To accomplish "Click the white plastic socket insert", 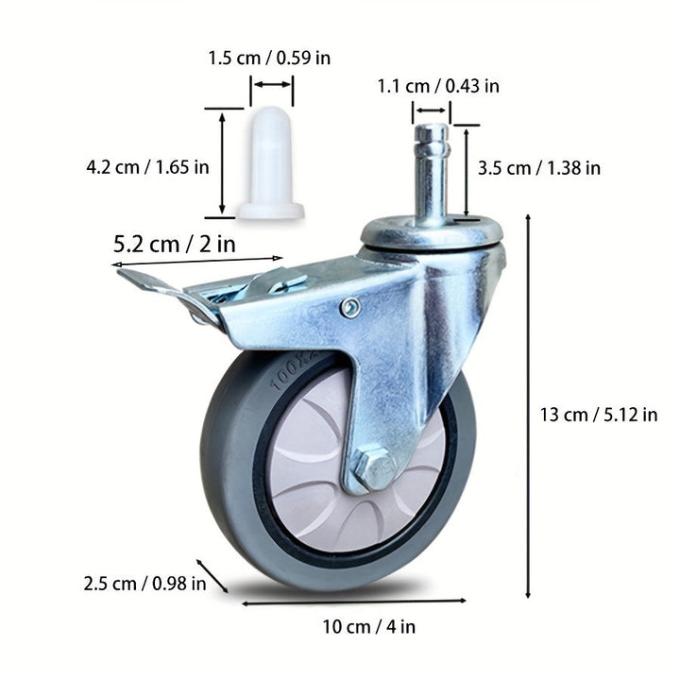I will point(271,165).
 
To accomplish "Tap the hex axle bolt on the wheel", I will point(373,469).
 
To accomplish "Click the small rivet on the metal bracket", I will point(350,307).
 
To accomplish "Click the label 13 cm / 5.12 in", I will point(600,414).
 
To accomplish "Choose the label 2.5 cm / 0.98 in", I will point(144,583).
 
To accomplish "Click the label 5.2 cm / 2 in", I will point(175,243).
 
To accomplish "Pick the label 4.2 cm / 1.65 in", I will point(147,167).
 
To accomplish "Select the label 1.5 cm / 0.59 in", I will point(269,59).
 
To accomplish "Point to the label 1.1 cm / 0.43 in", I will point(438,86).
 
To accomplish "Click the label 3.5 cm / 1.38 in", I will point(539,168).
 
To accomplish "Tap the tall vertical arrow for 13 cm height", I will point(527,406).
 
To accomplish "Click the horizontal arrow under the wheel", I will point(354,601).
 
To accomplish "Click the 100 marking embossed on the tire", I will point(288,377).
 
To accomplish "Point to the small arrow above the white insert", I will point(272,85).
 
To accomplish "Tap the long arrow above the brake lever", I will point(198,262).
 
